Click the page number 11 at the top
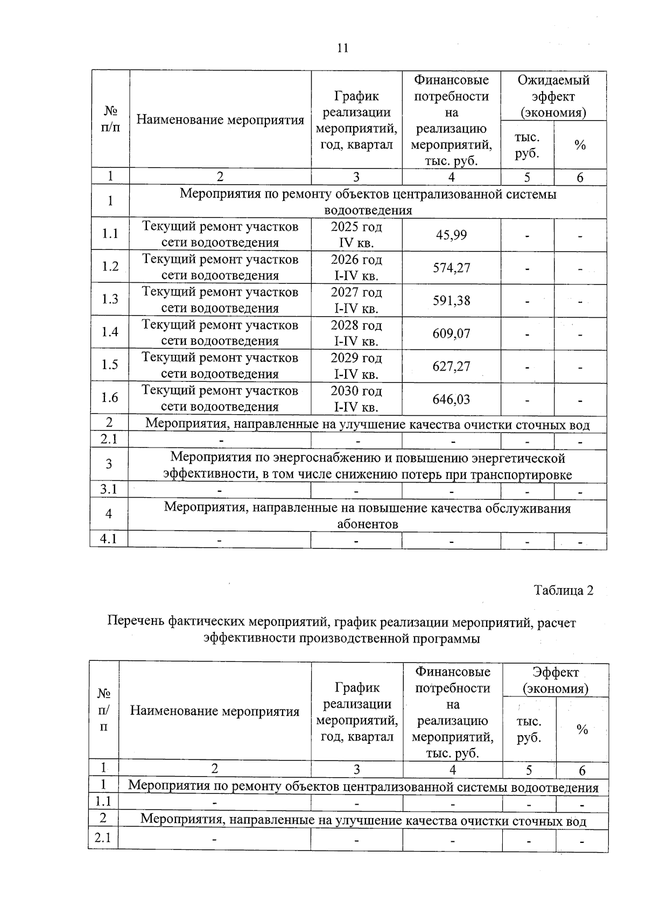[x=342, y=48]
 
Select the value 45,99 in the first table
[x=451, y=235]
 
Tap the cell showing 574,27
[x=451, y=268]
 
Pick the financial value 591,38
[x=451, y=301]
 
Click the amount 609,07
[x=451, y=333]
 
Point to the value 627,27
[x=451, y=366]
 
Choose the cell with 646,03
[x=451, y=399]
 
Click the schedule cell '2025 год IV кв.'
[x=356, y=235]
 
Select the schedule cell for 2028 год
[x=356, y=333]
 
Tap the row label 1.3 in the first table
[x=110, y=299]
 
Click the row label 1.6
[x=110, y=397]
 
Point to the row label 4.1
[x=109, y=539]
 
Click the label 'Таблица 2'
[x=563, y=590]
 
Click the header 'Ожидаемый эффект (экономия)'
[x=553, y=96]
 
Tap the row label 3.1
[x=109, y=489]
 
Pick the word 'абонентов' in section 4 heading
[x=368, y=524]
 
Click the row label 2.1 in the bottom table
[x=103, y=838]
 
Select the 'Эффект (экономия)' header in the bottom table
[x=556, y=680]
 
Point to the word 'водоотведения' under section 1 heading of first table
[x=368, y=210]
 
